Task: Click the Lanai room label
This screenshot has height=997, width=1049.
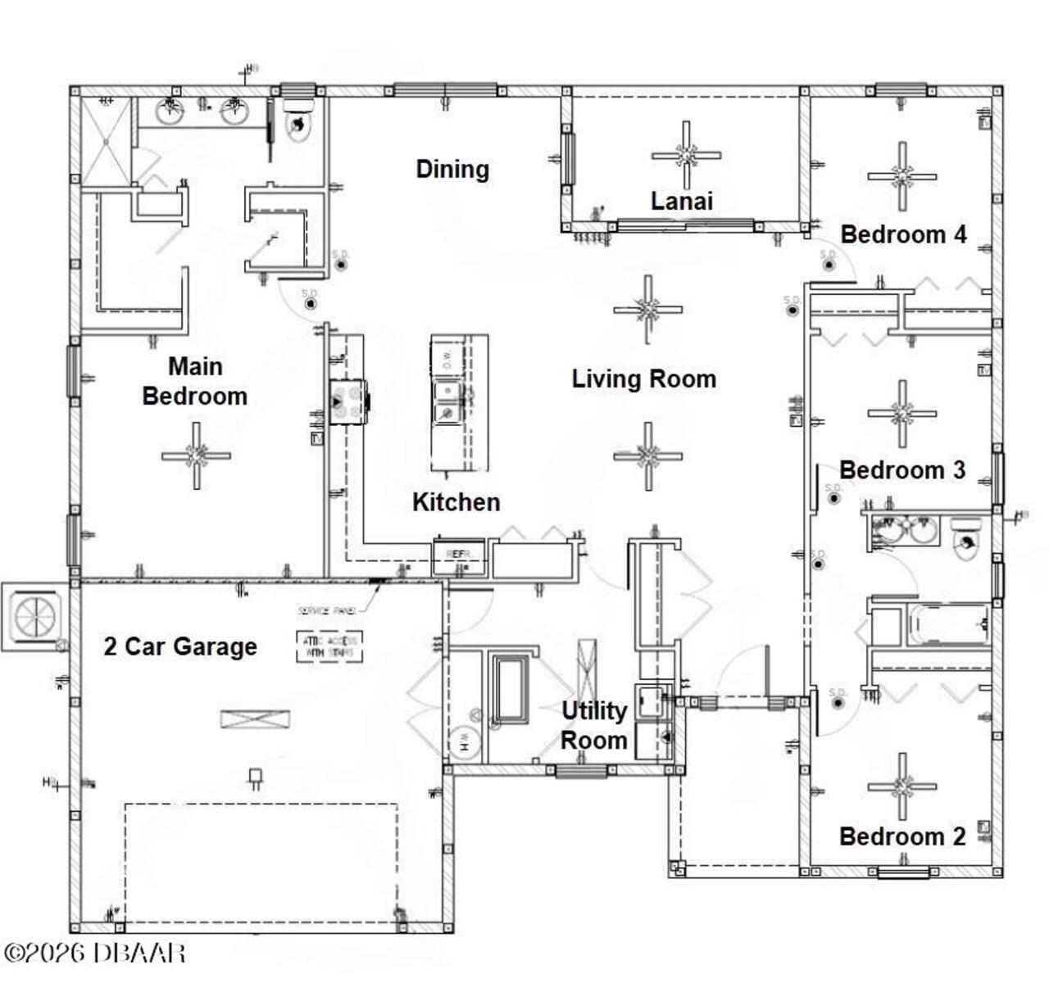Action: tap(681, 201)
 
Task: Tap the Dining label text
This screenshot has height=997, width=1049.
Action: tap(452, 169)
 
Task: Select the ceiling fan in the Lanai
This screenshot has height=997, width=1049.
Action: tap(686, 155)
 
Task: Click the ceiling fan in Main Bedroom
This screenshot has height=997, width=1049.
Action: tap(196, 455)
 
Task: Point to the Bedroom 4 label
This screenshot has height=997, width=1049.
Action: tap(903, 234)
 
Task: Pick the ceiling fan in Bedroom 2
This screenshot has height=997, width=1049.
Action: tap(902, 786)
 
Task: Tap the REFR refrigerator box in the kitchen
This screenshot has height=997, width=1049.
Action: tap(459, 555)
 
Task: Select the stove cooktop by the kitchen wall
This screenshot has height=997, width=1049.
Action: tap(348, 402)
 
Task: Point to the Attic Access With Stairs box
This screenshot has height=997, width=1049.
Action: tap(329, 646)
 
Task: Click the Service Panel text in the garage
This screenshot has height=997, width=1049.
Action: tap(326, 611)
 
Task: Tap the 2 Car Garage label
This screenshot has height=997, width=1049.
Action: tap(180, 646)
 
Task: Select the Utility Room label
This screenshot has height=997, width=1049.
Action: tap(593, 725)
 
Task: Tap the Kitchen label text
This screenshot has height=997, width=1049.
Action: tap(456, 501)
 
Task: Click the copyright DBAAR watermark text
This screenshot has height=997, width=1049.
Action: tap(94, 953)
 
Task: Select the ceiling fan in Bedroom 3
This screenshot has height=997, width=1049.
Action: tap(902, 414)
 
